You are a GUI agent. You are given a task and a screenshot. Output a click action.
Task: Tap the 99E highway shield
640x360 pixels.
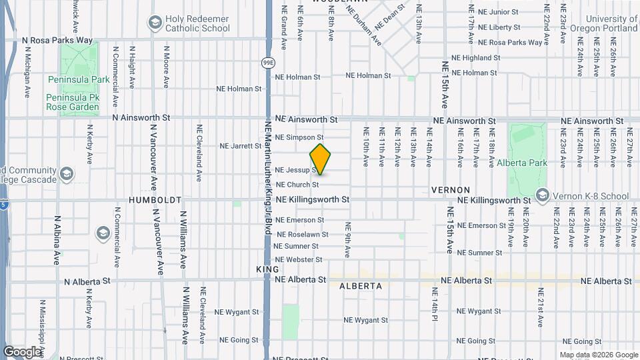[268, 63]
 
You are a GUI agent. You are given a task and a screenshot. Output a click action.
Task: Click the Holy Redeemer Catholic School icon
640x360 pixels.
[155, 24]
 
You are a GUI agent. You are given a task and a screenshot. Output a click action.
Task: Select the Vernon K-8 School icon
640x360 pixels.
[542, 196]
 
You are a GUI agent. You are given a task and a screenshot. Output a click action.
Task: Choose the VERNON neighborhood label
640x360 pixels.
[451, 190]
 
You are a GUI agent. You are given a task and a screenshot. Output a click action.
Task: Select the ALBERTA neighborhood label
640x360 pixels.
[360, 286]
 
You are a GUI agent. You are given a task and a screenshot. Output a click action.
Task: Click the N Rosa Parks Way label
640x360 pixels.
[57, 41]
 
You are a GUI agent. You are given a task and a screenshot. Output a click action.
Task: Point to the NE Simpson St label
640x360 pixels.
[299, 137]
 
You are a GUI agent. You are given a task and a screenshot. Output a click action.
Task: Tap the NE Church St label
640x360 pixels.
[297, 185]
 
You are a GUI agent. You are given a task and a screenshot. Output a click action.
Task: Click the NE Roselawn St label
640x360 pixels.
[303, 235]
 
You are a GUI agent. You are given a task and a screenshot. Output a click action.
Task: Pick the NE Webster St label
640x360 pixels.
[299, 259]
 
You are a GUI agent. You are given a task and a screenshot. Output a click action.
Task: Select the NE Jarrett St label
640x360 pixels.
[241, 146]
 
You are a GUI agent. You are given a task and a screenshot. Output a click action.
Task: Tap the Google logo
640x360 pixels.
[22, 351]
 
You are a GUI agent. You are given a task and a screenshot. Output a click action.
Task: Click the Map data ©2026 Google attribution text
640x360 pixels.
[598, 355]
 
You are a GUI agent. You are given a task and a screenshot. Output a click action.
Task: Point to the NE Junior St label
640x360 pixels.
[494, 12]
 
